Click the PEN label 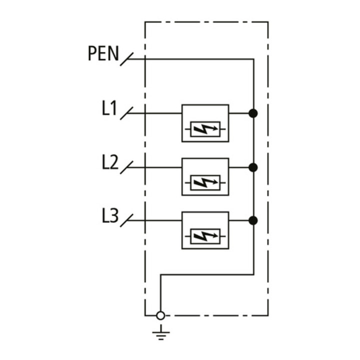click(103, 53)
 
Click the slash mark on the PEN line click(126, 59)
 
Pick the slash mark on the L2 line click(126, 167)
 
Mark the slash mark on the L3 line click(126, 220)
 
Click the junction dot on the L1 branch click(253, 113)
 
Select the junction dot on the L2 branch click(253, 167)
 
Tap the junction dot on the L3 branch click(253, 220)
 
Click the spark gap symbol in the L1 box click(205, 129)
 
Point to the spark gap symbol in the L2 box click(205, 183)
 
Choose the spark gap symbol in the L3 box click(205, 236)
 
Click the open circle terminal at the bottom click(160, 315)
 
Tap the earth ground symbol click(161, 332)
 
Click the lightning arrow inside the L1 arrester click(205, 129)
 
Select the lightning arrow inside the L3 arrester click(205, 236)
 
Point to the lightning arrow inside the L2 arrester click(205, 183)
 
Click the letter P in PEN click(92, 53)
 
